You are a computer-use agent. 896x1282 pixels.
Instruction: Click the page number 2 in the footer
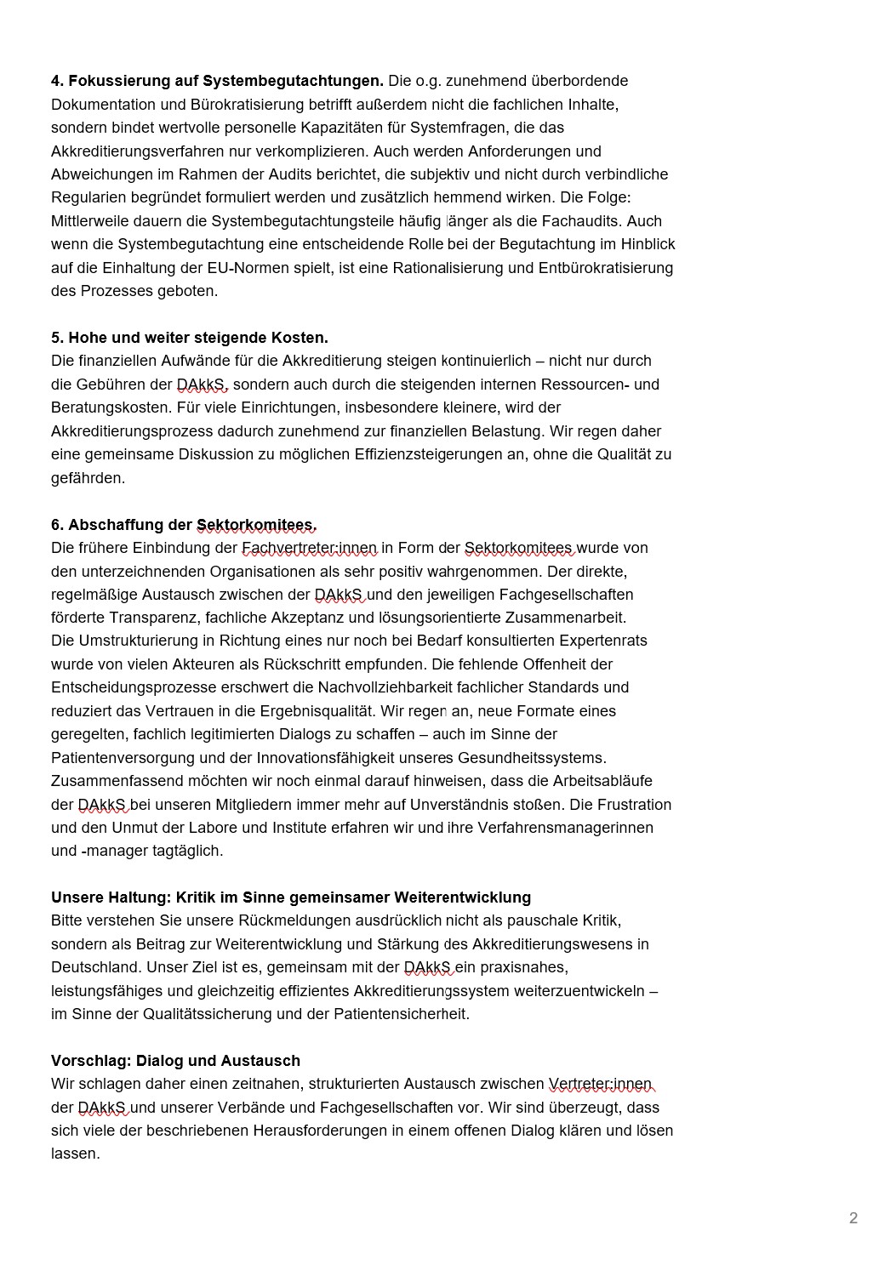click(853, 1218)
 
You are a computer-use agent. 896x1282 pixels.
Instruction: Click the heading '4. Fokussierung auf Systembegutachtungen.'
click(217, 81)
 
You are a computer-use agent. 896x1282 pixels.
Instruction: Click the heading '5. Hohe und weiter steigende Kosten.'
click(189, 338)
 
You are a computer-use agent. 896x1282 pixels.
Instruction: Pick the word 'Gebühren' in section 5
click(117, 385)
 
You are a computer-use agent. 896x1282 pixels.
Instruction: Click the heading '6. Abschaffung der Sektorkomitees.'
click(184, 524)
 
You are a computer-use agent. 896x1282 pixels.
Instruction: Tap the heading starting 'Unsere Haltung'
click(290, 897)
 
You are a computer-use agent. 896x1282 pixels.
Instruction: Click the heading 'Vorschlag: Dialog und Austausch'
click(175, 1061)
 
